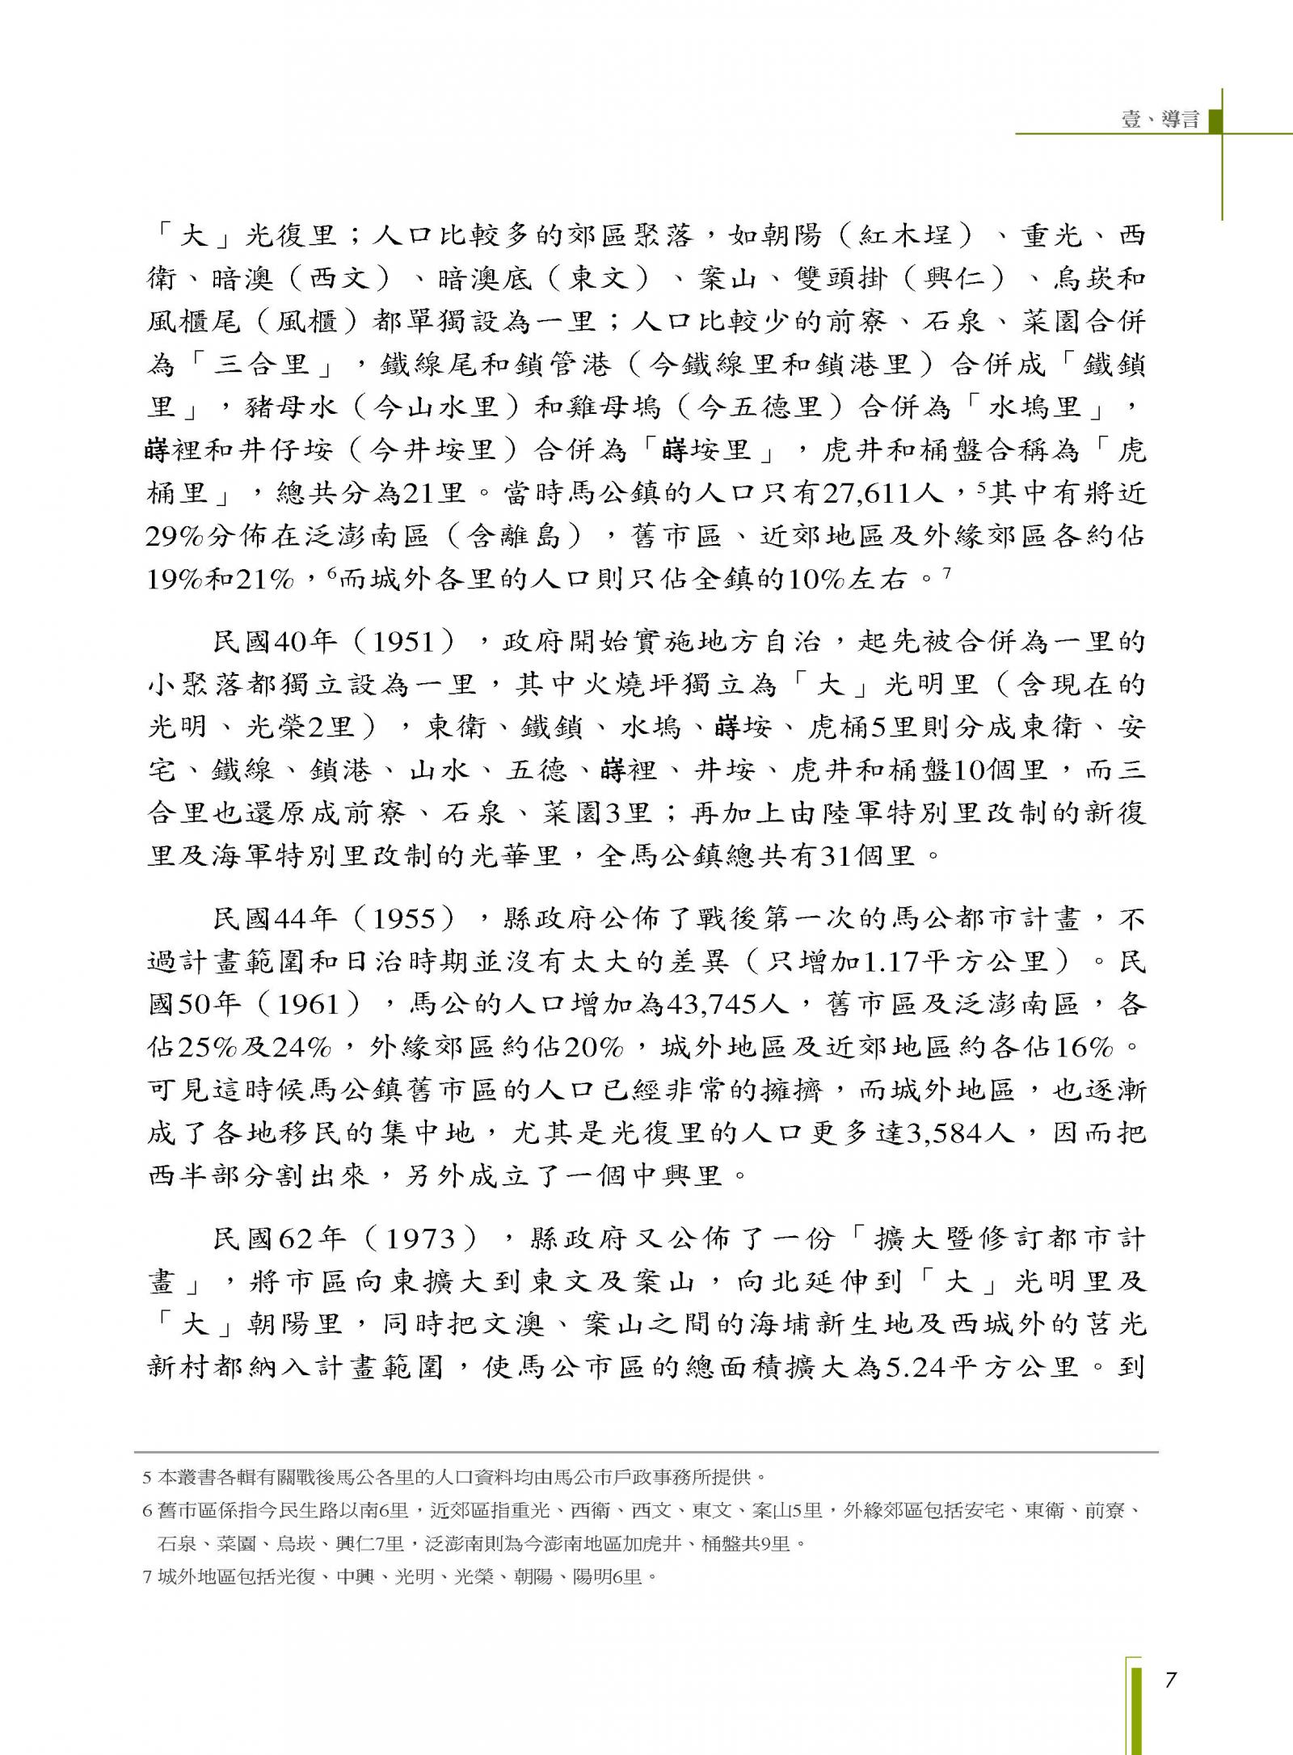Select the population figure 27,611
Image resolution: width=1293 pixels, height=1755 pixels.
tap(863, 493)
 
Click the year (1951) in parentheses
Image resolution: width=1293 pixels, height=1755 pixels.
tap(413, 643)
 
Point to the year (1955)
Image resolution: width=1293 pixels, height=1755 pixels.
tap(413, 919)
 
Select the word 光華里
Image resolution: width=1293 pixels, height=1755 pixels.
tap(515, 855)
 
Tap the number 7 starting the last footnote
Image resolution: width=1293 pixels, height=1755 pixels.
tap(147, 1577)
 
